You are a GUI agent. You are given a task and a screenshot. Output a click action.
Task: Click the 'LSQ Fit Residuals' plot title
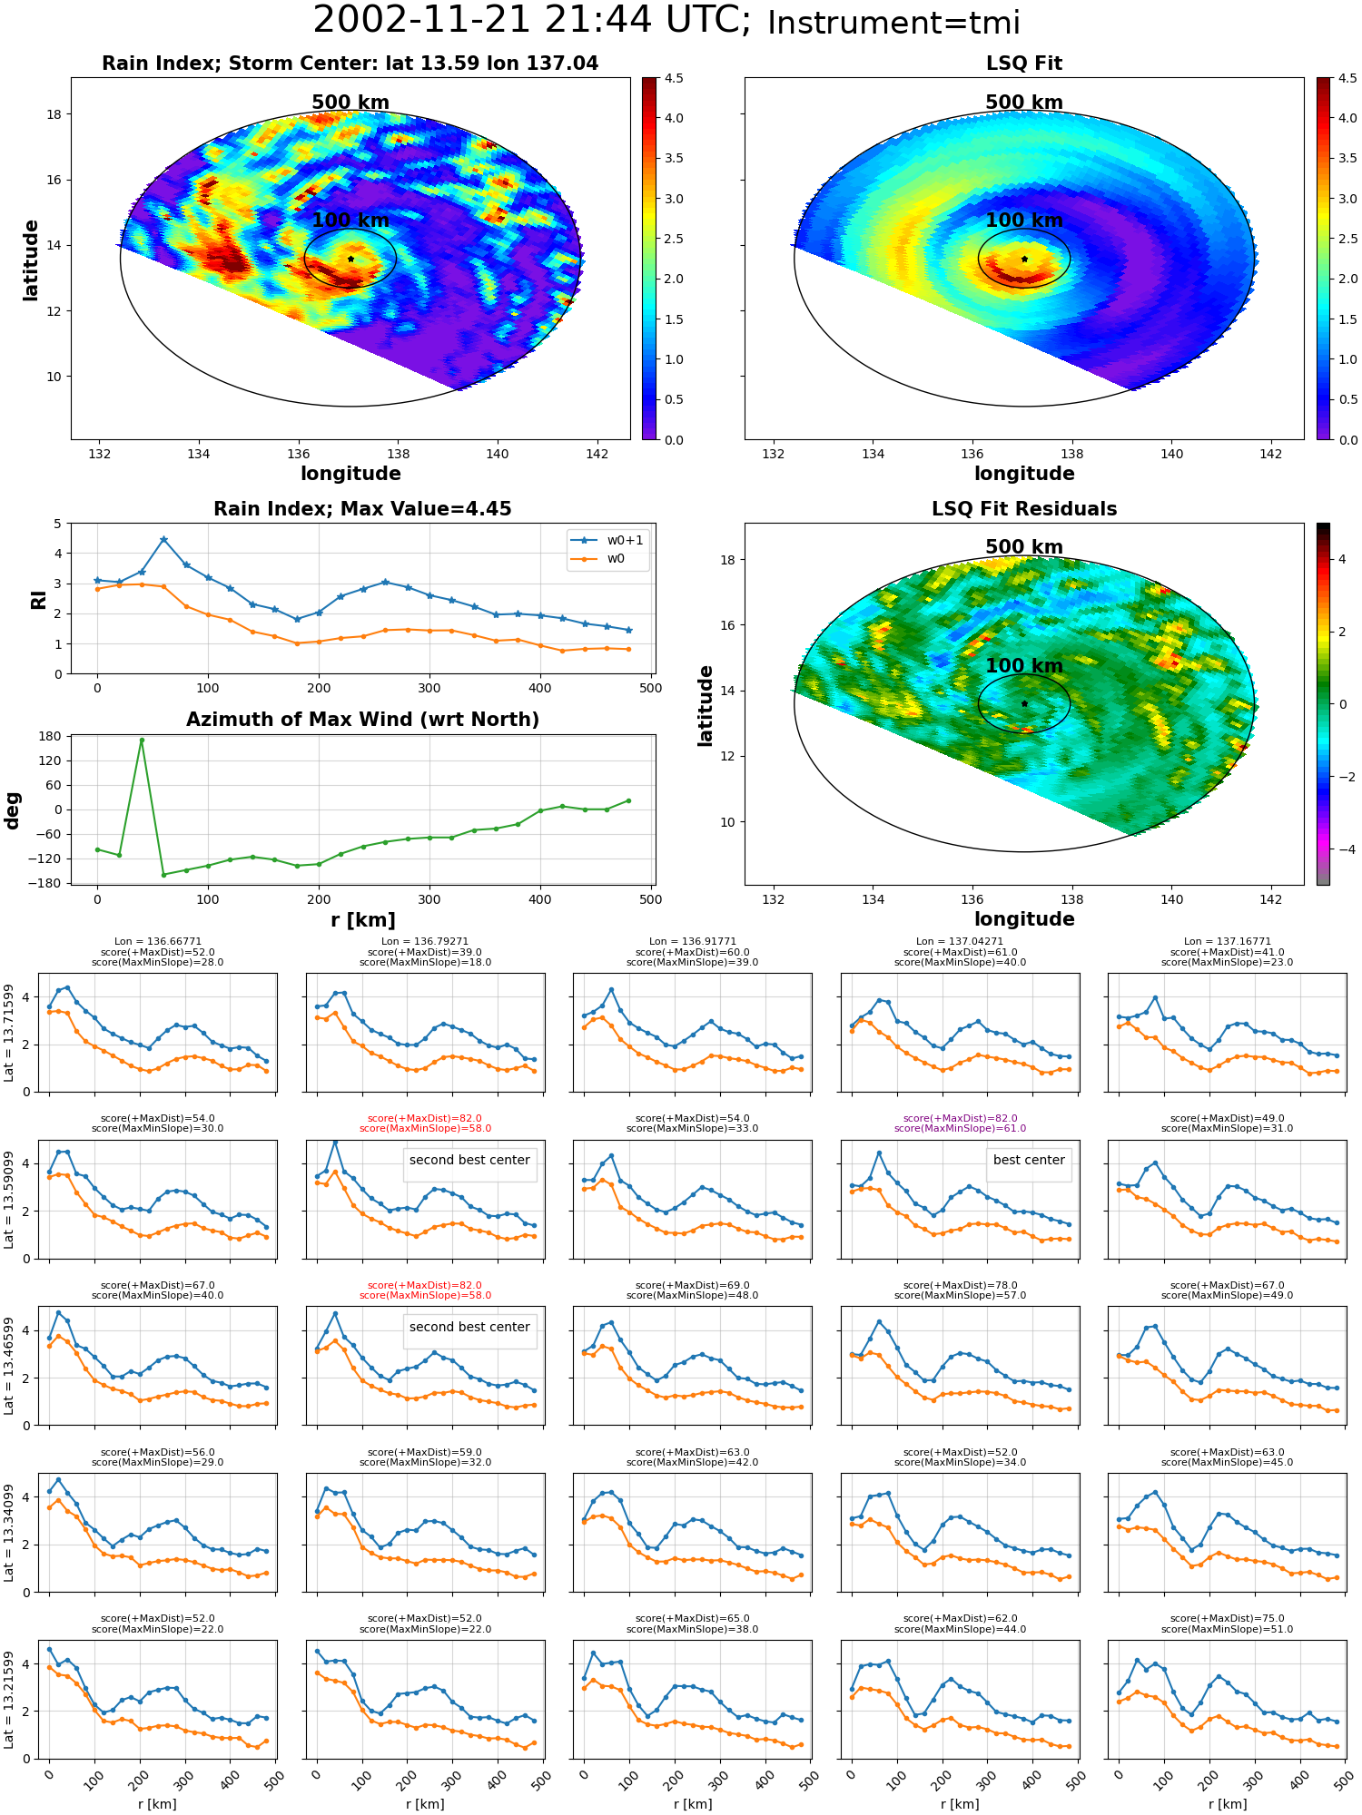1024,509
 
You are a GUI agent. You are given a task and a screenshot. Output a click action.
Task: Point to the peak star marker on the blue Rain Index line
163,539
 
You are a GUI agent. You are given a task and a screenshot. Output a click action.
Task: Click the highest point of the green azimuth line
142,740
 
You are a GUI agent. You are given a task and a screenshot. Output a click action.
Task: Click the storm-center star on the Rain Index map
350,259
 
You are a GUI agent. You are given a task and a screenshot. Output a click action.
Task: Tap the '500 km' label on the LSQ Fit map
1024,103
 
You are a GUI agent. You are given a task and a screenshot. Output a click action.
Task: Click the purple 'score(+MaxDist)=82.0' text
960,1118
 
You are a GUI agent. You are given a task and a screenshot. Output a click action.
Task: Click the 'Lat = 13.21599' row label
9,1699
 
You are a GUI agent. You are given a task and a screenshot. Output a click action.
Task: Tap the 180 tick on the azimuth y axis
50,736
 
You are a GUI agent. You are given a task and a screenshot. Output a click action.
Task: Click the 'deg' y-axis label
13,810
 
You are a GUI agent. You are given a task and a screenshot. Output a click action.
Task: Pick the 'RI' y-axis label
38,599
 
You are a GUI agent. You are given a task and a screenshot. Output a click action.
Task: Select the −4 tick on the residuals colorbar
1343,849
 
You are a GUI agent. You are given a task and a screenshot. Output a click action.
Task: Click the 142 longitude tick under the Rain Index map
597,454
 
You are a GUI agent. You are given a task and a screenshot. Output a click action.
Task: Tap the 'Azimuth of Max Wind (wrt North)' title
362,720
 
